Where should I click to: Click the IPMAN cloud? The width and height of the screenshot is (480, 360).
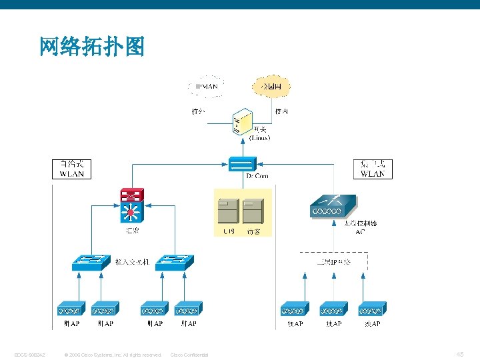pos(207,87)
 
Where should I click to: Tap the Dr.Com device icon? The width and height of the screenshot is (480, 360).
pos(241,164)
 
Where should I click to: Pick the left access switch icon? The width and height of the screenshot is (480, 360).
pos(91,263)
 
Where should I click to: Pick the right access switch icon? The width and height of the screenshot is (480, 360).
pos(174,263)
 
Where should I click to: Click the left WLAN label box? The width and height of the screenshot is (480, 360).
pos(72,169)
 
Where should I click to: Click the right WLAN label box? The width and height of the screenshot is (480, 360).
pos(373,169)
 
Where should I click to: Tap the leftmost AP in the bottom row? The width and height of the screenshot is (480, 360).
pos(70,309)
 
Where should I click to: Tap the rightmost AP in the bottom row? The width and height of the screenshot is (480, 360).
pos(373,309)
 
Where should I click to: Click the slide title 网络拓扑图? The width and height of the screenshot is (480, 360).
pos(92,47)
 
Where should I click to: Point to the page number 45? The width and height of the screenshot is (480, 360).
pos(460,354)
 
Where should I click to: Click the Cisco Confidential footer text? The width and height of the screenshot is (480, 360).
pos(189,355)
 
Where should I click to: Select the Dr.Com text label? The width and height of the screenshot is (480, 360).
pos(257,176)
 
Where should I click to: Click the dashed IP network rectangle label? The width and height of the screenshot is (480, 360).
pos(333,262)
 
